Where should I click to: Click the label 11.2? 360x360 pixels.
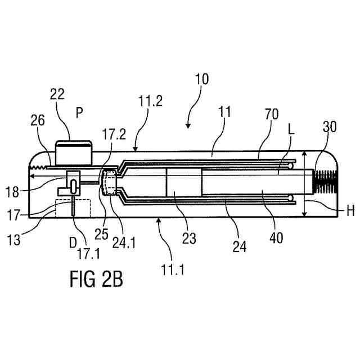coord(151,101)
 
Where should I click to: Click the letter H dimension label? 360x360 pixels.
coord(350,211)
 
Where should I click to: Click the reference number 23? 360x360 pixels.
coord(188,238)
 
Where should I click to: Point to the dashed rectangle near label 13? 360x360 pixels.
coord(73,208)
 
